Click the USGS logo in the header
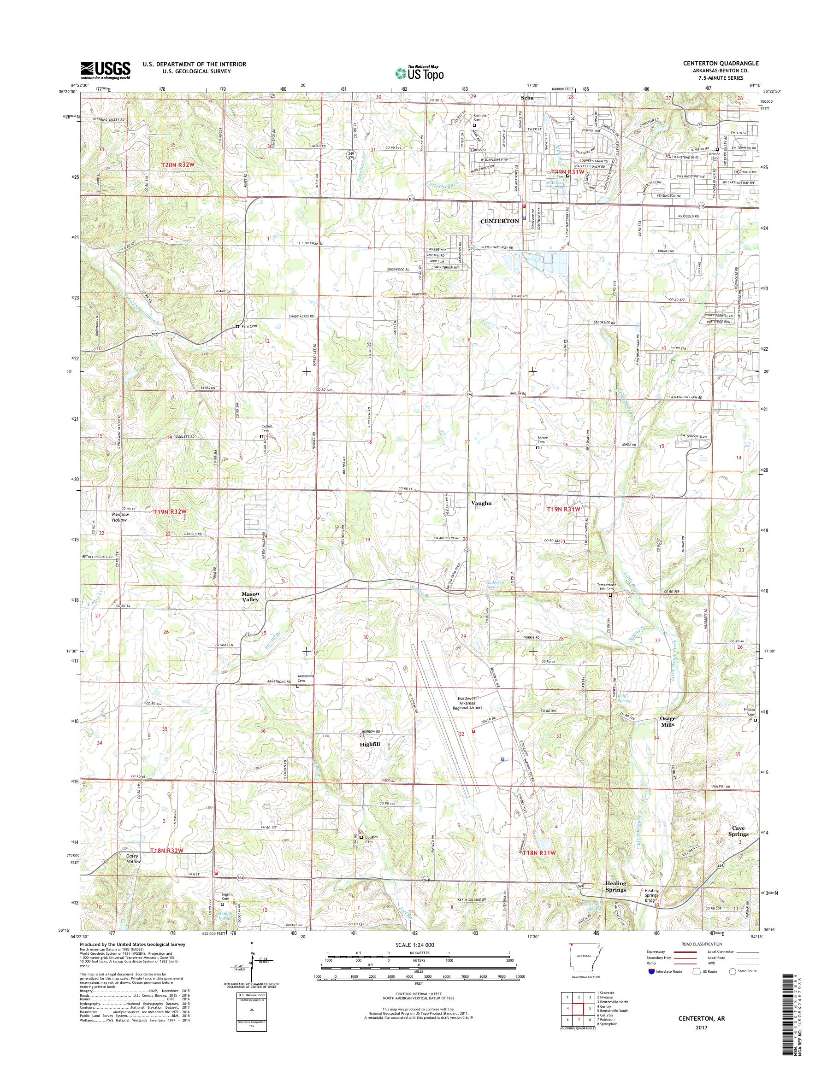click(106, 70)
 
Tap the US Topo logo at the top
click(419, 73)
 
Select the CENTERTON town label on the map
click(500, 221)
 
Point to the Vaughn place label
click(481, 503)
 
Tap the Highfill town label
click(369, 745)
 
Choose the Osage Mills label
click(668, 721)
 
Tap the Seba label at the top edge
click(526, 98)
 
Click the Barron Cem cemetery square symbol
click(538, 448)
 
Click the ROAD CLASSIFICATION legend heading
click(703, 943)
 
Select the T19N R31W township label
click(564, 510)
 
